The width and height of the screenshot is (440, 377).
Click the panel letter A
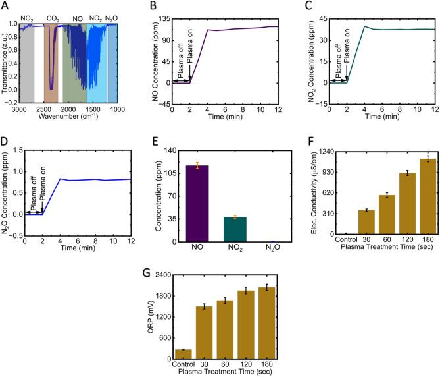7,7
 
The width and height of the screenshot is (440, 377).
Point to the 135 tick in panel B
162,19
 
